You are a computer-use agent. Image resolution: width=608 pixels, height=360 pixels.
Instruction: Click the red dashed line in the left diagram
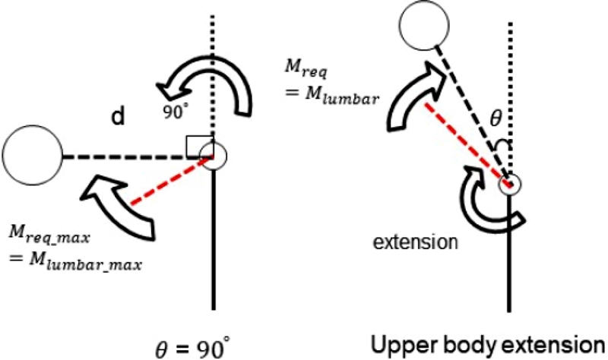click(x=169, y=182)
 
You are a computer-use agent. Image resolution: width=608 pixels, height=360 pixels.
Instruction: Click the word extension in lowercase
click(x=416, y=242)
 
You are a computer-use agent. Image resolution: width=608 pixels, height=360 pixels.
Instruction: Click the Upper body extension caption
click(x=487, y=343)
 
